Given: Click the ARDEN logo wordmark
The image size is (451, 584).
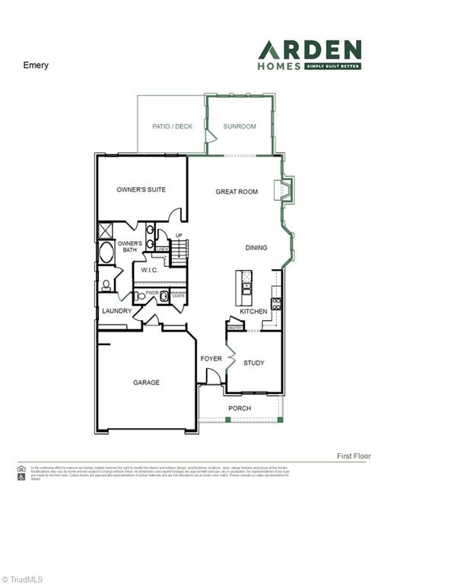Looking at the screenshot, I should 310,51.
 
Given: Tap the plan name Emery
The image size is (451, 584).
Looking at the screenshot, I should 36,65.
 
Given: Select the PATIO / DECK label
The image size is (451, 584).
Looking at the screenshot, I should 173,126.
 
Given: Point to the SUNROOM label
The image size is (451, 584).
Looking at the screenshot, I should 240,126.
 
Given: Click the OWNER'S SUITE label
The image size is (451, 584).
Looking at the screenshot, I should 141,189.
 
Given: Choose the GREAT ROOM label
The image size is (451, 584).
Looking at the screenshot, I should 237,192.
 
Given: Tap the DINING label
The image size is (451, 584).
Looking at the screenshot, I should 256,248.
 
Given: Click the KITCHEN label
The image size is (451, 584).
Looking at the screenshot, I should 254,312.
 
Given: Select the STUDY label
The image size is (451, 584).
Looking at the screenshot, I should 254,363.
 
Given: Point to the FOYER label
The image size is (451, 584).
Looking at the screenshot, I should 211,358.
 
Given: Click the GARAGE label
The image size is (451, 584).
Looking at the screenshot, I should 147,382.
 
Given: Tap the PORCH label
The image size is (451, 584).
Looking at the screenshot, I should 240,408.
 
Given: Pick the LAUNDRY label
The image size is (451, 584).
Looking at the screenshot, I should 116,311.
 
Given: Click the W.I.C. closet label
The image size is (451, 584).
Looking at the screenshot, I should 149,269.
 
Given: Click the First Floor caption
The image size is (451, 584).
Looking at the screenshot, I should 354,456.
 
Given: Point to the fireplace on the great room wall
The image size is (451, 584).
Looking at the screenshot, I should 285,189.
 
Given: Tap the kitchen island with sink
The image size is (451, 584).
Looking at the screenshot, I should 246,287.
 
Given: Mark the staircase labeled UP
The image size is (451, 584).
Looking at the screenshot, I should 179,250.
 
